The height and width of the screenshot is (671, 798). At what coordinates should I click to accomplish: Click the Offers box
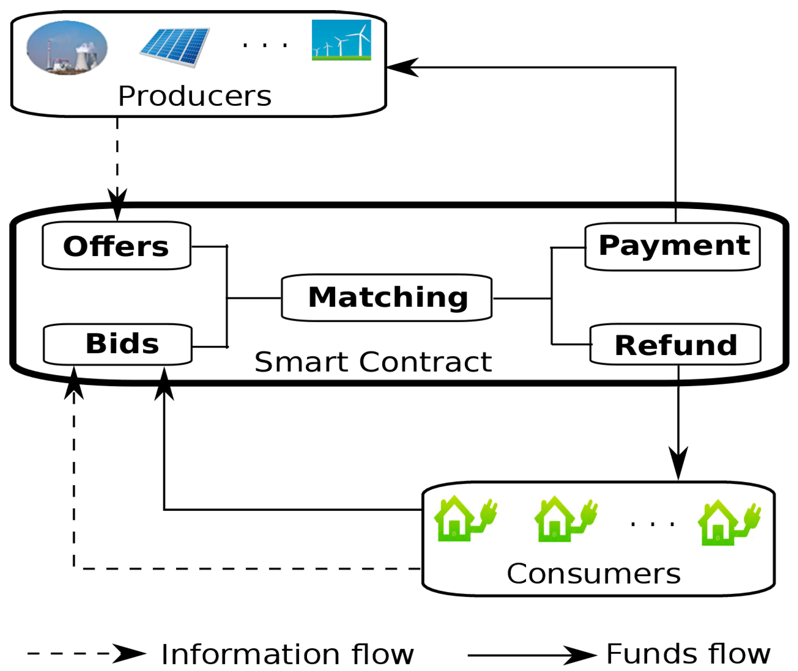[116, 246]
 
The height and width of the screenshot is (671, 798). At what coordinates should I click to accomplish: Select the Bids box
[118, 344]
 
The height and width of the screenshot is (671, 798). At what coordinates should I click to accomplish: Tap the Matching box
[387, 298]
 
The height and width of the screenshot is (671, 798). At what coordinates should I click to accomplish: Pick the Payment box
[672, 246]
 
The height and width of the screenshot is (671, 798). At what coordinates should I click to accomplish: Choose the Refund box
[675, 344]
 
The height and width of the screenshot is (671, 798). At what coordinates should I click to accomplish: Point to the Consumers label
[593, 574]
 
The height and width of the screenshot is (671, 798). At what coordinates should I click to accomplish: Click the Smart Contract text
[373, 362]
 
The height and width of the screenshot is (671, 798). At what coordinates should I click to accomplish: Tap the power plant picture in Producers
[67, 47]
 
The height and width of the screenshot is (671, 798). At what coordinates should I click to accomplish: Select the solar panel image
[175, 47]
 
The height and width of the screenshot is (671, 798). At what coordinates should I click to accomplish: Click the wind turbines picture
[341, 40]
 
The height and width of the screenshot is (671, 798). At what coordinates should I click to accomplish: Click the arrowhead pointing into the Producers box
[401, 67]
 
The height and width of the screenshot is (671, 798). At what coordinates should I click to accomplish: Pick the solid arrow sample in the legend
[532, 655]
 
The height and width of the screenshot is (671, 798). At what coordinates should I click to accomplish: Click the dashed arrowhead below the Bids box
[74, 383]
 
